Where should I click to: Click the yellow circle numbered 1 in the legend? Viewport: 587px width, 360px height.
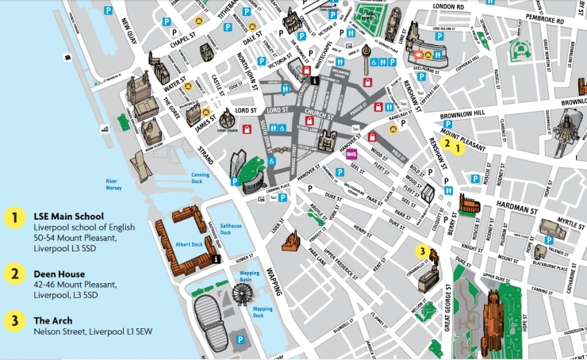[13, 217]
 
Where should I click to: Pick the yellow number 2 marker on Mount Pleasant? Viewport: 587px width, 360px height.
[447, 144]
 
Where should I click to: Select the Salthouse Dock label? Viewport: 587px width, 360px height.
[231, 229]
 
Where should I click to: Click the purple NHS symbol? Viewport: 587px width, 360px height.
[351, 154]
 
